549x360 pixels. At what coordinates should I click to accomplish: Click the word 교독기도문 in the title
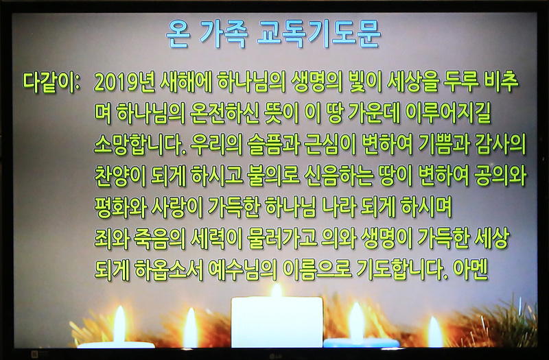tap(318, 34)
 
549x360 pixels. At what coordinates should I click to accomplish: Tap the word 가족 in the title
tap(224, 34)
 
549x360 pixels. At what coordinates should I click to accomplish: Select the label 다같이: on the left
tap(51, 83)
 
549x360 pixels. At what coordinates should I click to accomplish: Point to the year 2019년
tap(125, 83)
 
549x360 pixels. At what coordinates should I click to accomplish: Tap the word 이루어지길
tap(448, 113)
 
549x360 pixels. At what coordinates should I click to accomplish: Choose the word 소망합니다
tap(140, 144)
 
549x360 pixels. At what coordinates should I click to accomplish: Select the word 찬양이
tap(120, 176)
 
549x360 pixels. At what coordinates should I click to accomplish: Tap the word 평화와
tap(120, 207)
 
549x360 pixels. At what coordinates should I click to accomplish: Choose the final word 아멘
tap(470, 269)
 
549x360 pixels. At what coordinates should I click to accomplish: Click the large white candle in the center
tap(277, 322)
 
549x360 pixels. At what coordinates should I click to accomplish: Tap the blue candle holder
tap(361, 343)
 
